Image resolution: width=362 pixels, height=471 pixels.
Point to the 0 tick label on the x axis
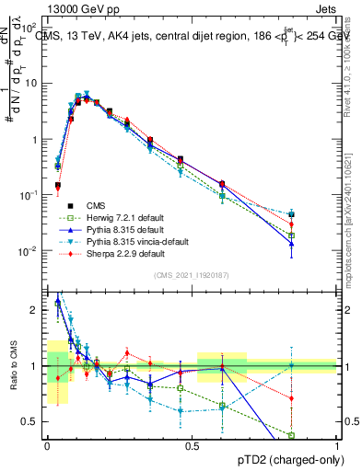(x=47, y=445)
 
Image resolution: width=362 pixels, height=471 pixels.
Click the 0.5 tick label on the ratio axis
(x=33, y=421)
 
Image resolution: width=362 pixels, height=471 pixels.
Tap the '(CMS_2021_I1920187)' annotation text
(x=191, y=273)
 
